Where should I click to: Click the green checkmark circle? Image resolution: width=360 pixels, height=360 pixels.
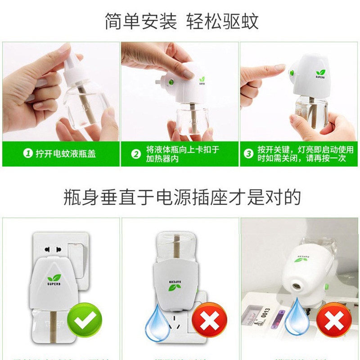click(x=84, y=322)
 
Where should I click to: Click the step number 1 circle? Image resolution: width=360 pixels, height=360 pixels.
click(x=28, y=154)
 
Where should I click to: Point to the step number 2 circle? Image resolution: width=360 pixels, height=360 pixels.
click(x=136, y=154)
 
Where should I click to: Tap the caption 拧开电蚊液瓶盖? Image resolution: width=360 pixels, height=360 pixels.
click(x=66, y=154)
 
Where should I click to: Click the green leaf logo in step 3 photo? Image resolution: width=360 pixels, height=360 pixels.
click(x=321, y=72)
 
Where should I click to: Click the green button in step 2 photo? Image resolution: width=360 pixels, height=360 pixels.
click(x=172, y=82)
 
